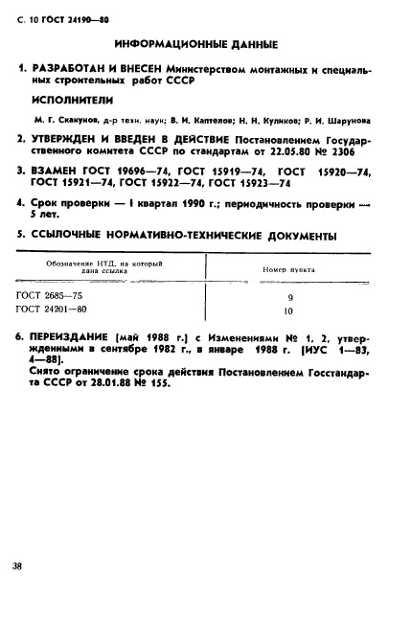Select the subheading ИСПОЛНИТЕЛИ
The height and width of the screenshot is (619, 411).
[73, 99]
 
